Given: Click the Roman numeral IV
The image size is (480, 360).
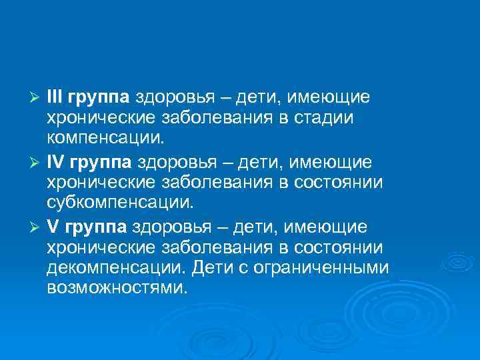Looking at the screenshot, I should click(55, 163).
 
